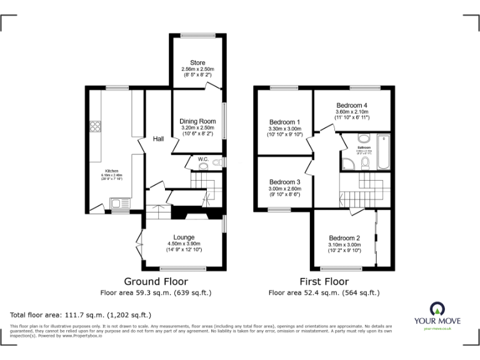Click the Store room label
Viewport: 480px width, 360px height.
tap(197, 62)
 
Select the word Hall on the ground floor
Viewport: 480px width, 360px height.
tap(159, 139)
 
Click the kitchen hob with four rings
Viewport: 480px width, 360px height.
tap(96, 127)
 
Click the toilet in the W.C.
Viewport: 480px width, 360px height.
tap(216, 163)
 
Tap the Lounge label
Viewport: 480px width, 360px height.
tap(184, 237)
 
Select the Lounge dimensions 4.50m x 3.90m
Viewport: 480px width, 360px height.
tap(184, 244)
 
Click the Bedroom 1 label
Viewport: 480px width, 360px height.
tap(284, 122)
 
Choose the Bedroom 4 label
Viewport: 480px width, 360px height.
tap(352, 105)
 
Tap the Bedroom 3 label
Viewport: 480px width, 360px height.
tap(284, 182)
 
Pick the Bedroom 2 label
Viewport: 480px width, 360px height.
tap(344, 238)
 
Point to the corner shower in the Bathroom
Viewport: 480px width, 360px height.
tap(347, 163)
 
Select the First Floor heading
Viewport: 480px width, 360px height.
tap(324, 282)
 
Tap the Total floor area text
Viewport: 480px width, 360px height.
tap(81, 315)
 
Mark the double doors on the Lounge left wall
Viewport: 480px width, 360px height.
tap(139, 246)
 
